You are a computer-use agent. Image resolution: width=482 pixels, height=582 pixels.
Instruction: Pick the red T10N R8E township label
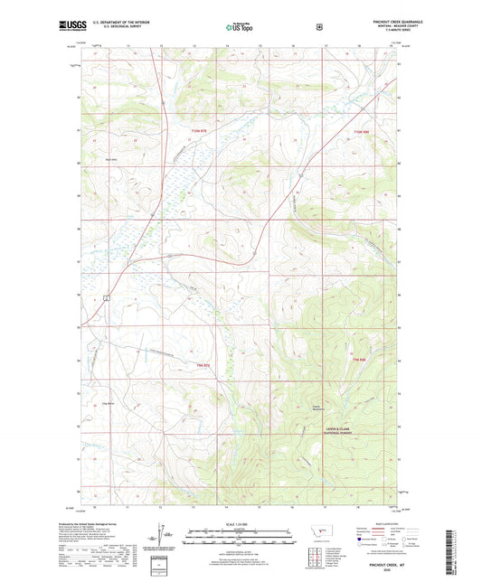click(x=361, y=132)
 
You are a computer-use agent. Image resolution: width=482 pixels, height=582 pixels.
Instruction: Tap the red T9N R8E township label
click(x=358, y=361)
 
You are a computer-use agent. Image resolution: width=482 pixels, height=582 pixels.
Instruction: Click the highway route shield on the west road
click(x=106, y=297)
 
